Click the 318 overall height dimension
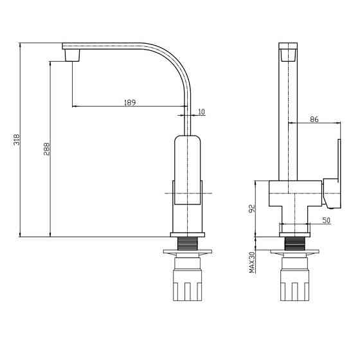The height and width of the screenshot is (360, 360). [x=17, y=139]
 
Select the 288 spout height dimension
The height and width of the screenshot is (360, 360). [x=46, y=149]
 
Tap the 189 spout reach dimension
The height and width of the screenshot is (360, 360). [x=130, y=102]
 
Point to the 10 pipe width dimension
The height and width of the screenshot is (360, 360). [x=201, y=112]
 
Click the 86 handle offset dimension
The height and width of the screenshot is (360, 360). [x=314, y=120]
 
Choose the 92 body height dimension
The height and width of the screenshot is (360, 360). [x=252, y=208]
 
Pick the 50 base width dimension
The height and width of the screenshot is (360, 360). [x=327, y=221]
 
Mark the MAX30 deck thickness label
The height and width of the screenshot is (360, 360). [x=252, y=262]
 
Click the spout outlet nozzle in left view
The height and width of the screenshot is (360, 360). [x=73, y=55]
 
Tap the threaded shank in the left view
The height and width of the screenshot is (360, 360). [x=188, y=244]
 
